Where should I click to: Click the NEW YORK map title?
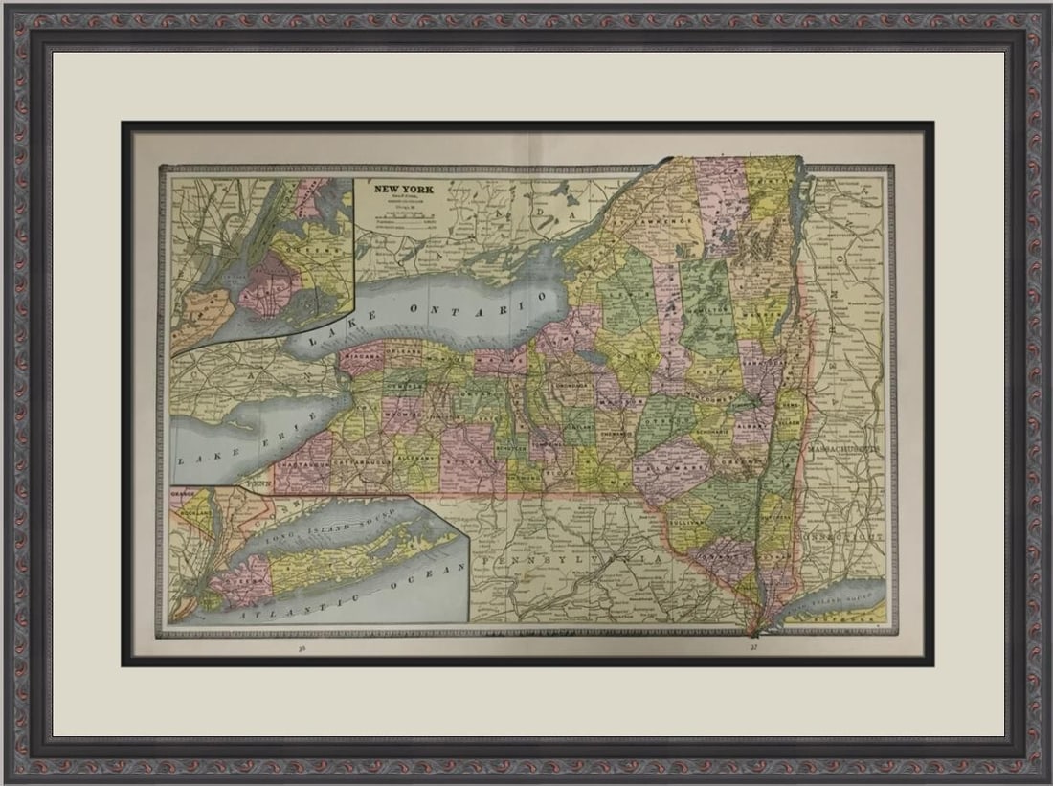pyautogui.click(x=403, y=190)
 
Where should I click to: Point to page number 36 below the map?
pyautogui.click(x=302, y=648)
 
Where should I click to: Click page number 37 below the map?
pyautogui.click(x=753, y=648)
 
